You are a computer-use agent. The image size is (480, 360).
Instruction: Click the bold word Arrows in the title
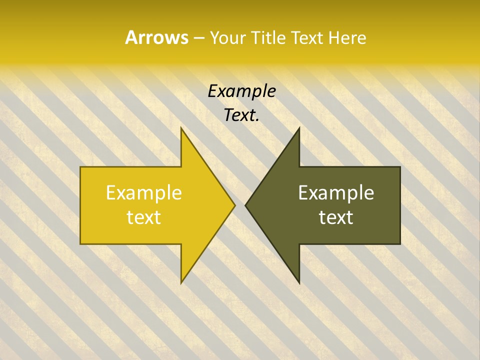(156, 37)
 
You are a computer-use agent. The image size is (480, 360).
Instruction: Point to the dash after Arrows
(198, 38)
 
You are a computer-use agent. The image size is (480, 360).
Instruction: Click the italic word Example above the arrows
(241, 91)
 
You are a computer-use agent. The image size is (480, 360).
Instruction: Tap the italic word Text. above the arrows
(241, 115)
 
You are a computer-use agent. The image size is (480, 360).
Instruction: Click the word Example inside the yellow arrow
(143, 192)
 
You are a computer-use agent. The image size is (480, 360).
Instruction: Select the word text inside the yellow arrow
(143, 217)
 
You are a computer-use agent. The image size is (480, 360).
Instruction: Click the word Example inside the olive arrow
(336, 192)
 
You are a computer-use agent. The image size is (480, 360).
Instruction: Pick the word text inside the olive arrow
(336, 217)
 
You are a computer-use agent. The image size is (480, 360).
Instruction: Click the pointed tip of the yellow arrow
(235, 205)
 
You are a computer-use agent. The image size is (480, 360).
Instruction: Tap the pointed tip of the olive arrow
(245, 205)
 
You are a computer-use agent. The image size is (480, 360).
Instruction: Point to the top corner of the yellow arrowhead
(181, 127)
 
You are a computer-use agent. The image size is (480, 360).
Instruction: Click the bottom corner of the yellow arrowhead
(181, 283)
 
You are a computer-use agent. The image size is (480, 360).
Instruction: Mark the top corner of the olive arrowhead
(299, 127)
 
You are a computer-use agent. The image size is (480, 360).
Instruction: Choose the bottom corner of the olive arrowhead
(299, 283)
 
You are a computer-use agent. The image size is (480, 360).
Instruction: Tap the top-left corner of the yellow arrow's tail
(80, 167)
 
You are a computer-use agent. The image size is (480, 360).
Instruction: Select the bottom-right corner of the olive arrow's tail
(400, 244)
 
